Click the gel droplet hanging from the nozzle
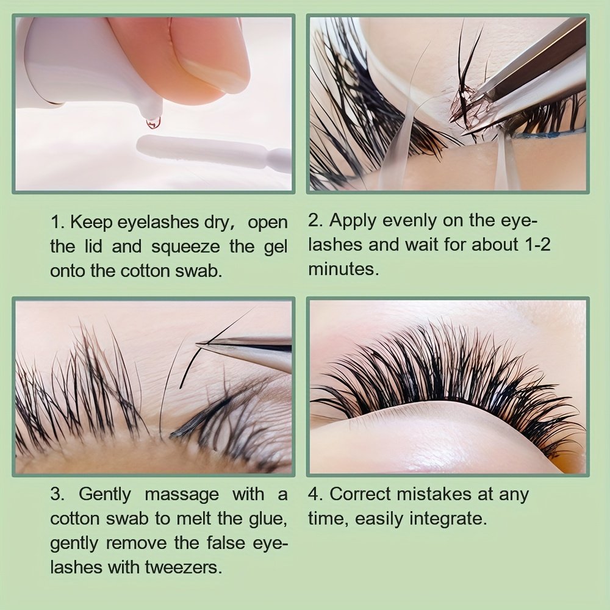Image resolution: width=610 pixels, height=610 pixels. pyautogui.click(x=153, y=122)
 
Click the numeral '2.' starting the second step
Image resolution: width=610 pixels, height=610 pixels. pyautogui.click(x=315, y=221)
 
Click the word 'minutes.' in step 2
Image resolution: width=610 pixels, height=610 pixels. pyautogui.click(x=343, y=269)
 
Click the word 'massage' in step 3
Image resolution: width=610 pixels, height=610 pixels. pyautogui.click(x=182, y=495)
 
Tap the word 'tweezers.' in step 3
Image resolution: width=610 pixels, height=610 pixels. pyautogui.click(x=184, y=567)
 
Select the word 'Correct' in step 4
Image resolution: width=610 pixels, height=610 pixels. pyautogui.click(x=361, y=495)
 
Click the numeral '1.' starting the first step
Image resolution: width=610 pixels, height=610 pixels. pyautogui.click(x=57, y=223)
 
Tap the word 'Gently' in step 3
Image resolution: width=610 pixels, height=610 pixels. pyautogui.click(x=105, y=495)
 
